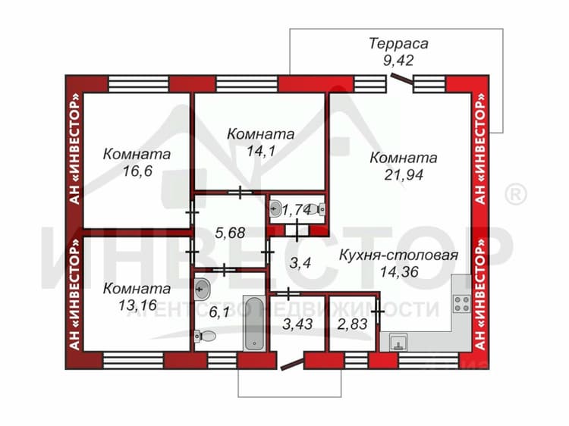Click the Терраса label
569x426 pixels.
point(398,43)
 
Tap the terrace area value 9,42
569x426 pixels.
point(398,61)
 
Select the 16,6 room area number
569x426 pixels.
point(137,171)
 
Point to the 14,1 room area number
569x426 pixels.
point(260,151)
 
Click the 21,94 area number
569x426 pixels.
point(404,175)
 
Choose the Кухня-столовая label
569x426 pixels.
point(398,255)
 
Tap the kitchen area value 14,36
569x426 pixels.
point(399,271)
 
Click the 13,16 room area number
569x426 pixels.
point(137,305)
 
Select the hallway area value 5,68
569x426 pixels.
point(230,233)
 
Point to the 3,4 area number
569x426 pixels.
point(300,262)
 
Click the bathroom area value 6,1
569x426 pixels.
point(219,312)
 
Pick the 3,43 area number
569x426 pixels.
point(297,324)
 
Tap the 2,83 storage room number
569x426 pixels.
point(352,324)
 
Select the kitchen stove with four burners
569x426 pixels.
point(462,304)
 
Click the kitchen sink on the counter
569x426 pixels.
point(398,343)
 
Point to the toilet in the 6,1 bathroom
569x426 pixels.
point(205,337)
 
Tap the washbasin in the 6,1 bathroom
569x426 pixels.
point(202,290)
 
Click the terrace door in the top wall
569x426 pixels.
point(402,80)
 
